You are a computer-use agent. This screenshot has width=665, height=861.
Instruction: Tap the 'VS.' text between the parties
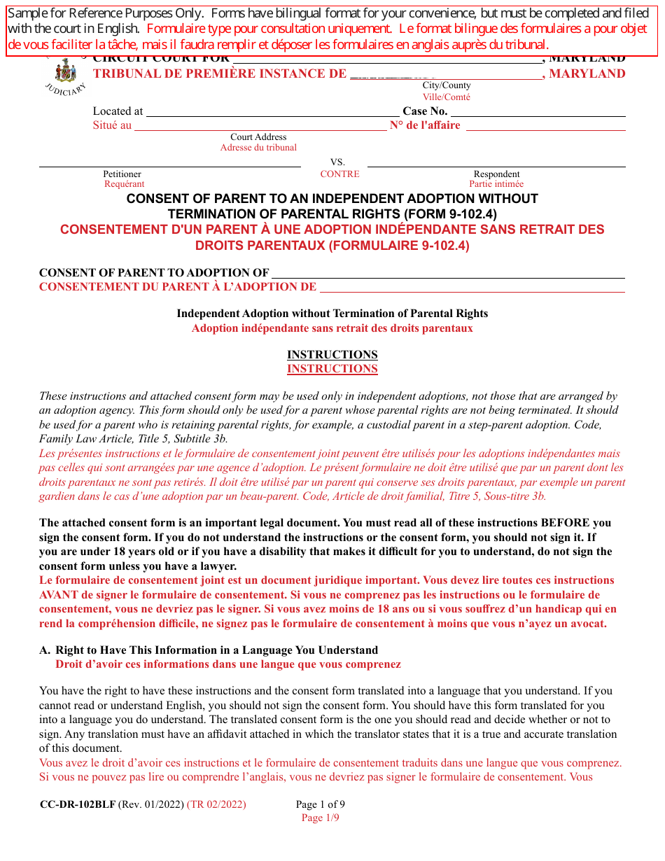pyautogui.click(x=338, y=162)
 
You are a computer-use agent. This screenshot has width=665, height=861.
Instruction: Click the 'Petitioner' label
pyautogui.click(x=122, y=174)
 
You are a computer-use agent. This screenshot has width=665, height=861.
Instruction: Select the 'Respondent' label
pyautogui.click(x=496, y=174)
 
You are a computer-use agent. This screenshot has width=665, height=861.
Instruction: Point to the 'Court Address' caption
pyautogui.click(x=258, y=137)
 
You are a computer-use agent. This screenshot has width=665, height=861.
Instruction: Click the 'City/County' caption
pyautogui.click(x=446, y=85)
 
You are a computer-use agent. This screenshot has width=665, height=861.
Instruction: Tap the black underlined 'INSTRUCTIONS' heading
pyautogui.click(x=332, y=354)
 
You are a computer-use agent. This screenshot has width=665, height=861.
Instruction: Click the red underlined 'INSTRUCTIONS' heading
pyautogui.click(x=332, y=369)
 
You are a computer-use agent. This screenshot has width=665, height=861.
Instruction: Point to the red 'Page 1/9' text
pyautogui.click(x=320, y=818)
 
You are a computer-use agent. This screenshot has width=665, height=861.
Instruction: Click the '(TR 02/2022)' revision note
pyautogui.click(x=216, y=804)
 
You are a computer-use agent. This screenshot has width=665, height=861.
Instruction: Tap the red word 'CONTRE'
pyautogui.click(x=339, y=174)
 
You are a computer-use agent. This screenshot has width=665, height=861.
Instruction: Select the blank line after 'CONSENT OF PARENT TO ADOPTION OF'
pyautogui.click(x=448, y=274)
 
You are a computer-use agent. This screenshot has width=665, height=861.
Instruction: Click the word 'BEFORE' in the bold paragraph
pyautogui.click(x=565, y=523)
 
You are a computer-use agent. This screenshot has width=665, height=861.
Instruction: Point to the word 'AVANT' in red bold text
pyautogui.click(x=61, y=595)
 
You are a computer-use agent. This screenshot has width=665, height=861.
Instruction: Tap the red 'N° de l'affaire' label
pyautogui.click(x=425, y=125)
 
